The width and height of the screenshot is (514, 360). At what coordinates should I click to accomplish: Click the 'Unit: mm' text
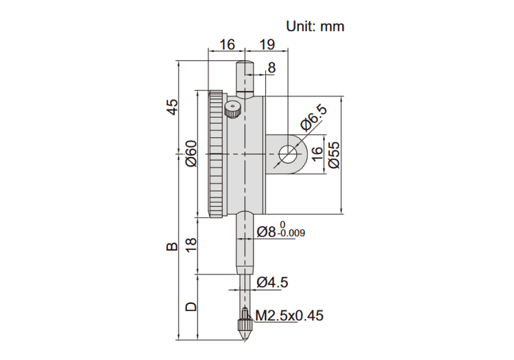click(315, 26)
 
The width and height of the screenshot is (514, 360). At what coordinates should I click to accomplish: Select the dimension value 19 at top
click(267, 44)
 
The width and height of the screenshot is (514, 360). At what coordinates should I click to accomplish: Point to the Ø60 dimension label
click(191, 153)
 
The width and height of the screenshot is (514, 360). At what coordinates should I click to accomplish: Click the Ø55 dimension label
click(334, 155)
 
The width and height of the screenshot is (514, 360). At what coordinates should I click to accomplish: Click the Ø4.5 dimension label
click(272, 282)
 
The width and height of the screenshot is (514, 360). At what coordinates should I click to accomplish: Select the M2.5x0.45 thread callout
click(289, 315)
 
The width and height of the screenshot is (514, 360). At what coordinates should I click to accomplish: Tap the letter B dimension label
click(172, 246)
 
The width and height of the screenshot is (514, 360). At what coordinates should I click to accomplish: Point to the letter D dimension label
click(191, 307)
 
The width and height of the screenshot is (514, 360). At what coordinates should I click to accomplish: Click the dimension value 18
click(191, 244)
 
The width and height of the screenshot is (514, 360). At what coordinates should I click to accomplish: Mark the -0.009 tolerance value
click(291, 233)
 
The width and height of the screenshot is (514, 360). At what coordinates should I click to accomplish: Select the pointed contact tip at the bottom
click(245, 335)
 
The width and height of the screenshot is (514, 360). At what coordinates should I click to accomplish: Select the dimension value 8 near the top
click(272, 68)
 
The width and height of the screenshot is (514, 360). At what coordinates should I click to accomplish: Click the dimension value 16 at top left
click(227, 44)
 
